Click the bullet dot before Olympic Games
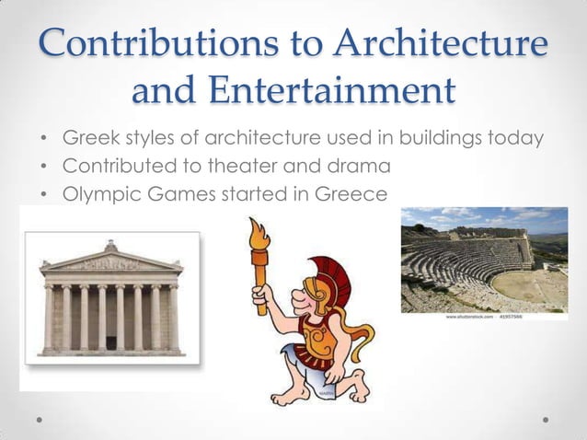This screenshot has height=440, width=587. coord(43,195)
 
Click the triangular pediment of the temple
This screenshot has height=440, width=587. coord(110,261)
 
